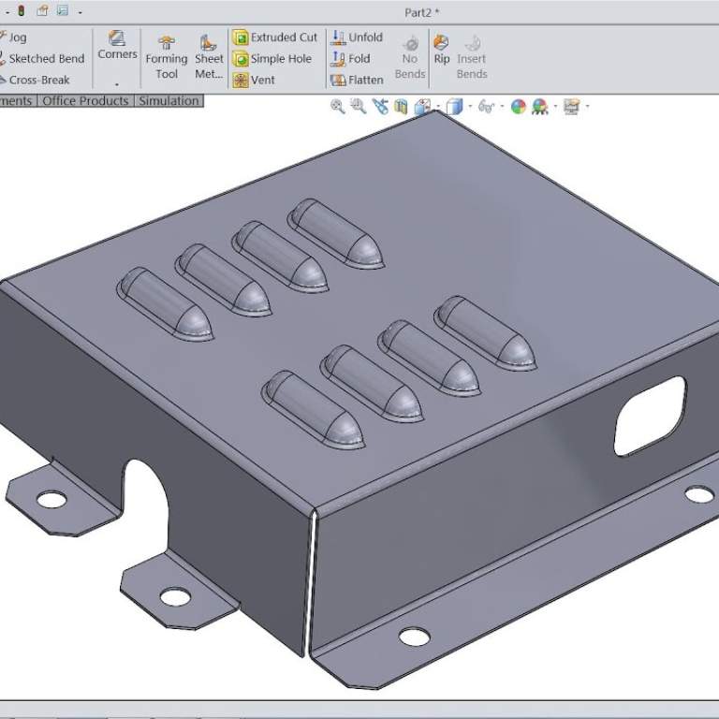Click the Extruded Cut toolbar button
point(275,37)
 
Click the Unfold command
point(357,37)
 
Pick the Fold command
point(351,58)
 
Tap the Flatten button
point(357,80)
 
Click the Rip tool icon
point(442,49)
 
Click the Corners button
point(117,44)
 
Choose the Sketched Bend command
point(46,58)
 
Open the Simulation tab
point(169,101)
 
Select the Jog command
point(17,37)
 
